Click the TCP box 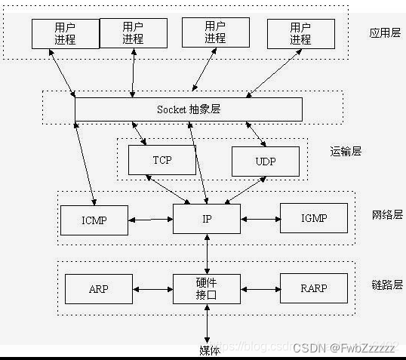pos(162,160)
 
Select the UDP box pos(265,162)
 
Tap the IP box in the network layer pos(207,219)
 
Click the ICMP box pos(94,220)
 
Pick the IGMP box pos(314,219)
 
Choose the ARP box pos(99,288)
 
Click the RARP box pos(314,288)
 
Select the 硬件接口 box pos(207,288)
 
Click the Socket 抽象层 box pos(188,109)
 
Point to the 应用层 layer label pos(384,34)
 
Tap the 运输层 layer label pos(346,151)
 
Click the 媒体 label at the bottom pos(209,349)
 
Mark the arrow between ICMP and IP pos(150,220)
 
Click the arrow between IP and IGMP pos(260,220)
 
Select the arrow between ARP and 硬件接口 pos(153,288)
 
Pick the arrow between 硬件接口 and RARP pos(260,288)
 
